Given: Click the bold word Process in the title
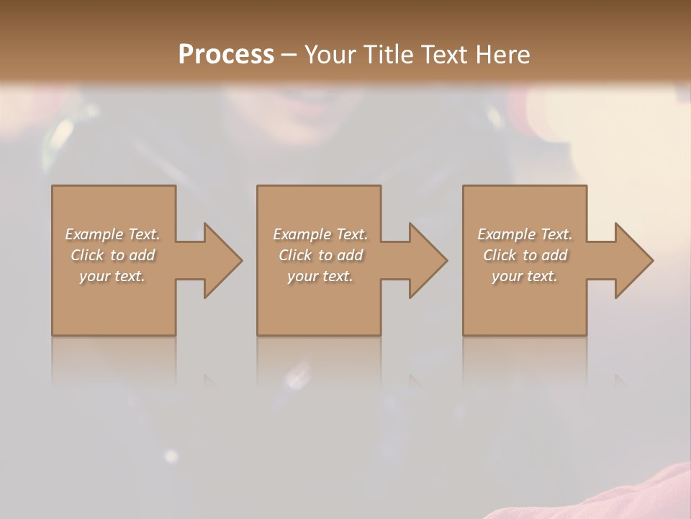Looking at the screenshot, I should [226, 55].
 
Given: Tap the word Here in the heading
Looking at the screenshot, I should [502, 55].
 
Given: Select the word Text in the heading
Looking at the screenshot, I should [444, 55].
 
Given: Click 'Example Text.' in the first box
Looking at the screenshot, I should [112, 234].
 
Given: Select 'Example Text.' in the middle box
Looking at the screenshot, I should [320, 234].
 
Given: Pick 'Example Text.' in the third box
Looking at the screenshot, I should [525, 234].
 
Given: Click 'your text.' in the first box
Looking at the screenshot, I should [112, 276].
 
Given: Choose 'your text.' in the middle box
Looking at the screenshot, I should [320, 276].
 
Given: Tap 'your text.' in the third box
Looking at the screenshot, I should [525, 276].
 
